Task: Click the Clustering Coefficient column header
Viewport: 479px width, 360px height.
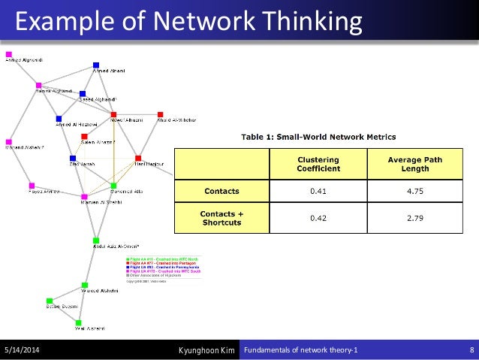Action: coord(318,164)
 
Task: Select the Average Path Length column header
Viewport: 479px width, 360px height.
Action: coord(415,164)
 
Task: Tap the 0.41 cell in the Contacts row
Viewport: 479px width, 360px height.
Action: coord(318,191)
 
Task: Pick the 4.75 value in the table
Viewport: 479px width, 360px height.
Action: coord(415,191)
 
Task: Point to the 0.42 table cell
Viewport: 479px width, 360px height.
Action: coord(318,218)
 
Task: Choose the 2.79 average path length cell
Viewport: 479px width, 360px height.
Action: coord(415,218)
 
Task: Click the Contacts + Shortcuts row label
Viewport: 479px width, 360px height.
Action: coord(221,218)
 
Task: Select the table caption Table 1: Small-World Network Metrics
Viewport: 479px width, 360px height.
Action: coord(318,137)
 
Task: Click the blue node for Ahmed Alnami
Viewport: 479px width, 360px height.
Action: coord(96,65)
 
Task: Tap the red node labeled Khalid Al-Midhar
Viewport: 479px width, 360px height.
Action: coord(160,116)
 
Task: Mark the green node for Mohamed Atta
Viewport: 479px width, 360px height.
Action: coord(114,185)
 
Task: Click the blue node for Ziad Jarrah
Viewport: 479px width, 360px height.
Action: coord(73,159)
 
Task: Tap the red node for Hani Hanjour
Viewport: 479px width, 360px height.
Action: coord(138,159)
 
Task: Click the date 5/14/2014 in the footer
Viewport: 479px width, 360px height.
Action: coord(23,350)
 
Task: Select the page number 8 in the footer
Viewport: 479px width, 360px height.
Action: coord(470,350)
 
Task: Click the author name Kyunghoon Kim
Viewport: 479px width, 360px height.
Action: coord(208,350)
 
